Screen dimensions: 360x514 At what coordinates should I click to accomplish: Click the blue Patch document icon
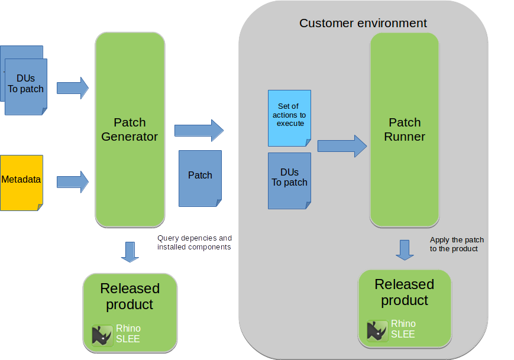200,178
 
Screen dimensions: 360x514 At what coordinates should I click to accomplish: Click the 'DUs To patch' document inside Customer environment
289,180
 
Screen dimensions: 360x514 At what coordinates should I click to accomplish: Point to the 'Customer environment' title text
363,24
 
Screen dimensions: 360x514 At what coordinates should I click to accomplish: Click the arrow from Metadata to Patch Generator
72,181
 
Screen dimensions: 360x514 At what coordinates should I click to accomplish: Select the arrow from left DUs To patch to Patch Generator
72,89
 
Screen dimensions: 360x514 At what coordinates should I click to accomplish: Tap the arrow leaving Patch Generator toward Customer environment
199,129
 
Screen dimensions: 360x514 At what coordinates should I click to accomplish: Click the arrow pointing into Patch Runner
342,146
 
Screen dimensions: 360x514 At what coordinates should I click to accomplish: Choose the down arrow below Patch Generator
130,251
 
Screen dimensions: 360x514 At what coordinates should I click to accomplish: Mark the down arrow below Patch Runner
405,249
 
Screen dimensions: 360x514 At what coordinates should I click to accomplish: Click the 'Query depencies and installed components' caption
194,242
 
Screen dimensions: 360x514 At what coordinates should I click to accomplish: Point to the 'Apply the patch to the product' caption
457,244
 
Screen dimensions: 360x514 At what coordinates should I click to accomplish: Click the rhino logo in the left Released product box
102,335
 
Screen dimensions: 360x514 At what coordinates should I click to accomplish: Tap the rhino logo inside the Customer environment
377,330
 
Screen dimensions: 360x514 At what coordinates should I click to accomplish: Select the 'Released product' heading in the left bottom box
130,296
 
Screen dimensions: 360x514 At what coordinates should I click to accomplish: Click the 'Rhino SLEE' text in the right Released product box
403,329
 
